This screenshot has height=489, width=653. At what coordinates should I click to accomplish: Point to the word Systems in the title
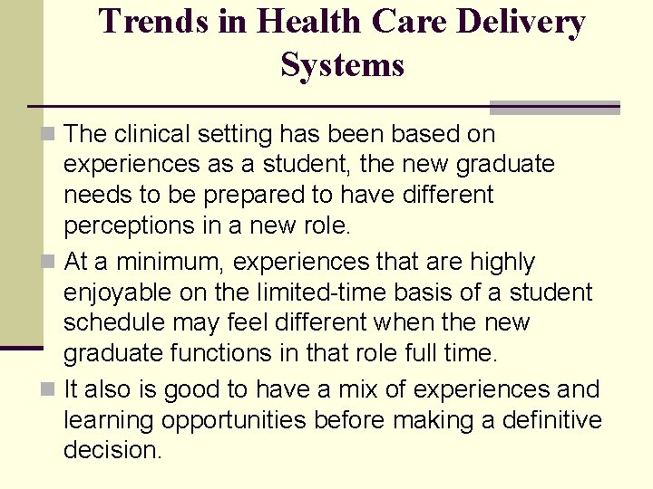point(342,64)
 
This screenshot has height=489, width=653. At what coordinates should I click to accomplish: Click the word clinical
point(154,134)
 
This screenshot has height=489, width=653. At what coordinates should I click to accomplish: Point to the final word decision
point(112,451)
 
